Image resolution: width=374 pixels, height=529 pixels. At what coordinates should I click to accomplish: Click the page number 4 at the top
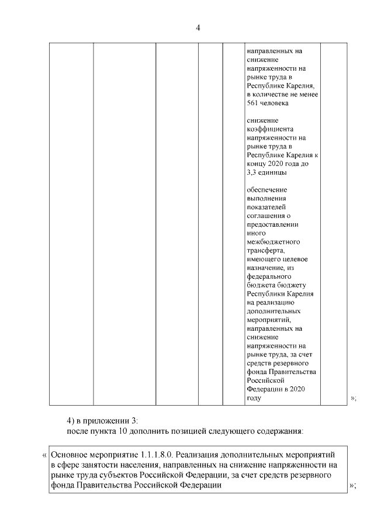coord(198,27)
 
